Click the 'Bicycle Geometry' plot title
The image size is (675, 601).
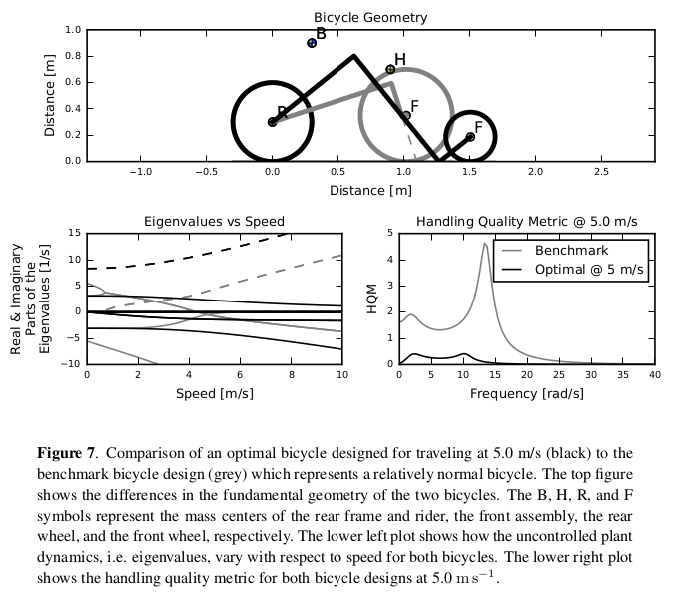370,17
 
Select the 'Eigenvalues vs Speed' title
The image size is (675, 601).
214,221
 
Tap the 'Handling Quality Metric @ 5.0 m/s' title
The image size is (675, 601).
526,221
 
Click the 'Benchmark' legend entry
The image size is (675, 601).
571,250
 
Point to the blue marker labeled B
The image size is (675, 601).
312,43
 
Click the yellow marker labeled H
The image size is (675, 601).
390,70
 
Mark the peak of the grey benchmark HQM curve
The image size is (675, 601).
485,243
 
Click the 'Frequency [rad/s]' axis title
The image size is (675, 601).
526,393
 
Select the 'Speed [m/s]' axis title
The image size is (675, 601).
214,393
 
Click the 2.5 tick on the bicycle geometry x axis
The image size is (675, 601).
601,172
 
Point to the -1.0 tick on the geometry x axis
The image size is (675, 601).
140,172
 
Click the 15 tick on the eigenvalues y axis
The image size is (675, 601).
74,233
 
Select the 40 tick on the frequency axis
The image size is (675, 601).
654,375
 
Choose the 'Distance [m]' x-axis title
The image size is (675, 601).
370,189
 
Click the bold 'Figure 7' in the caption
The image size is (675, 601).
68,453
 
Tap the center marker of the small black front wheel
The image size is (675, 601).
470,136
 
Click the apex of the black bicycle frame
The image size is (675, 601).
353,56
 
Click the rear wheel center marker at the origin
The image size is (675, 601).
272,122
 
